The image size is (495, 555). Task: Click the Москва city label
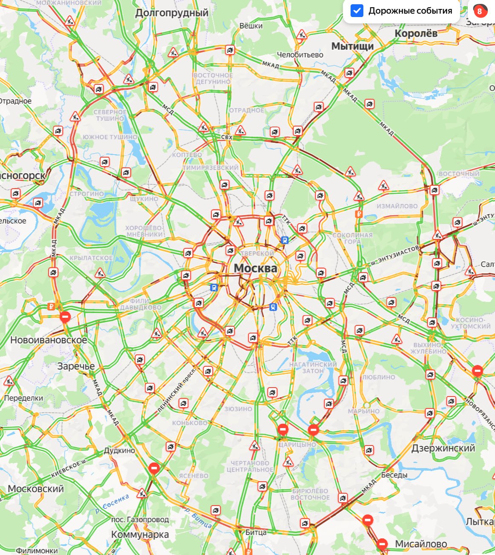255,268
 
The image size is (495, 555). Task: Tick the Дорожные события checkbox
357,11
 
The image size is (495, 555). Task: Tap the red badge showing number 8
480,11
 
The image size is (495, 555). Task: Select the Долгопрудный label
172,13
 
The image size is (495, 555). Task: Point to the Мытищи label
352,46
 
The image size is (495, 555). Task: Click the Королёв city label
416,33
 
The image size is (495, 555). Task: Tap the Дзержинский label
443,448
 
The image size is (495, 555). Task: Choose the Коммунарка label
140,535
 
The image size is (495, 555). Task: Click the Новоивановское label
49,340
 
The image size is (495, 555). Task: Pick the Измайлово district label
397,206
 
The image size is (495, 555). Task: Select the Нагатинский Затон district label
313,368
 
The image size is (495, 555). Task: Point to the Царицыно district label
297,445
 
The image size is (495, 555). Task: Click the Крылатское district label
91,258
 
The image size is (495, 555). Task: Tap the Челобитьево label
300,55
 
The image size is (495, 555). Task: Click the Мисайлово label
421,544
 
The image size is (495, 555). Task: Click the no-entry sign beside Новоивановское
65,316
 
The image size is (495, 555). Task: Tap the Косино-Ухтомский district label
470,323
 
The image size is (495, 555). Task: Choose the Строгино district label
87,194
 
